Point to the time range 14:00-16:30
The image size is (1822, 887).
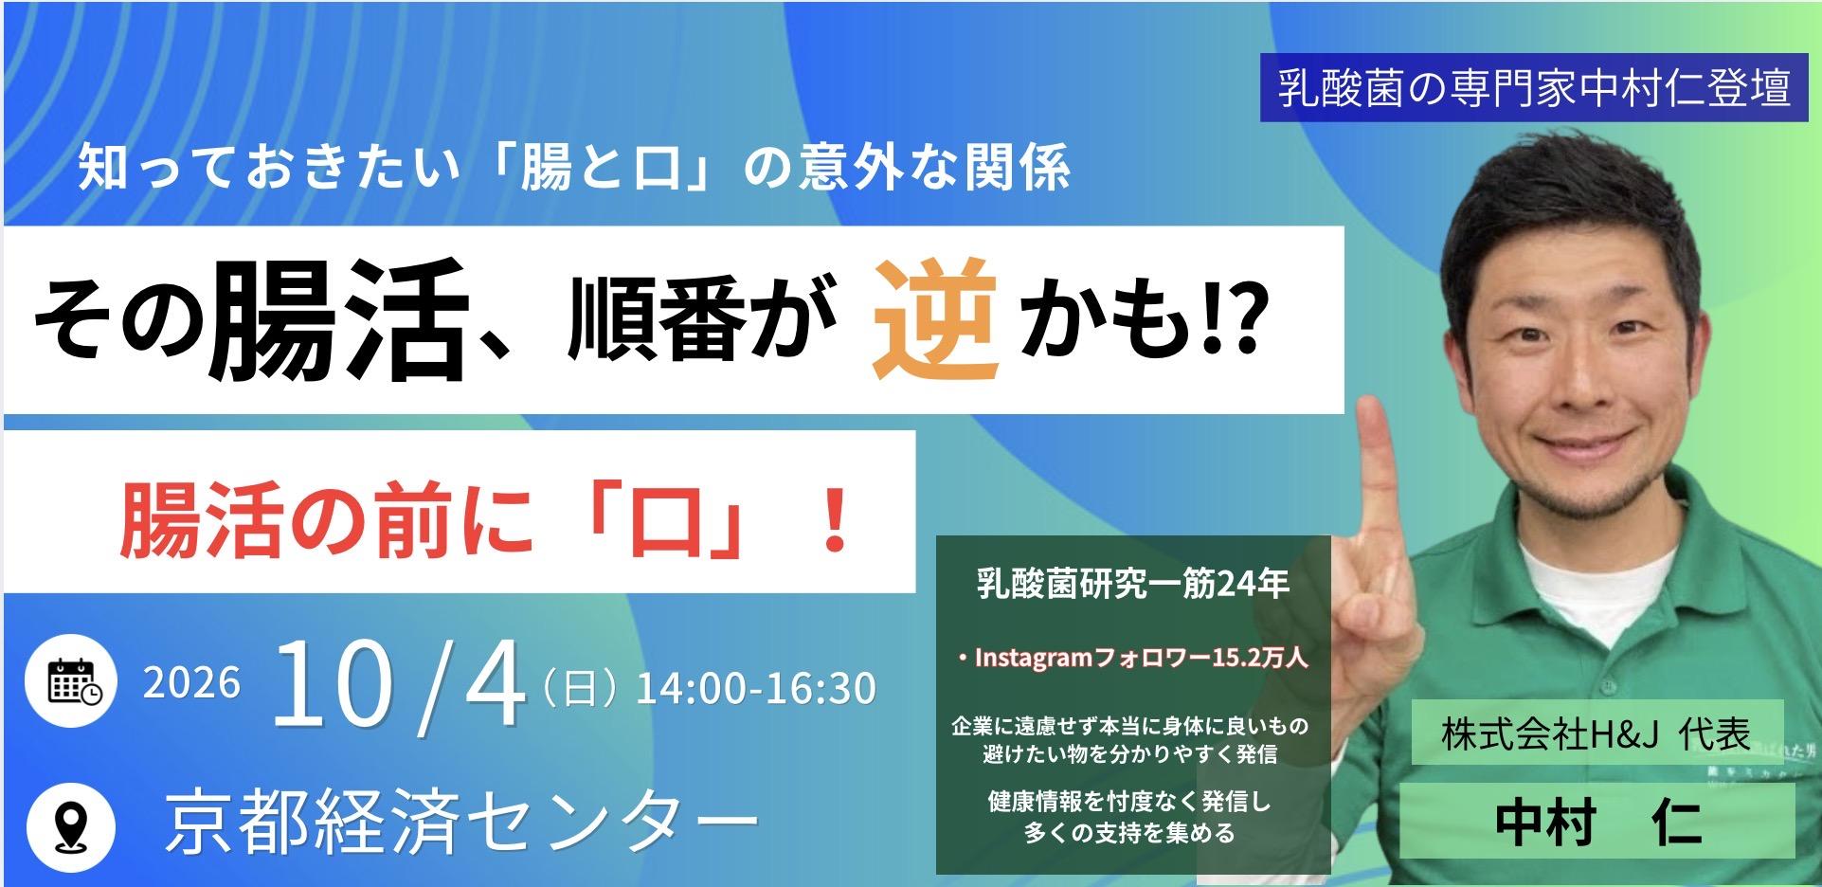[756, 689]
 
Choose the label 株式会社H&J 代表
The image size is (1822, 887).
[1597, 733]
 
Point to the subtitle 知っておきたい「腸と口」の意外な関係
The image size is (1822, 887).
[574, 167]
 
